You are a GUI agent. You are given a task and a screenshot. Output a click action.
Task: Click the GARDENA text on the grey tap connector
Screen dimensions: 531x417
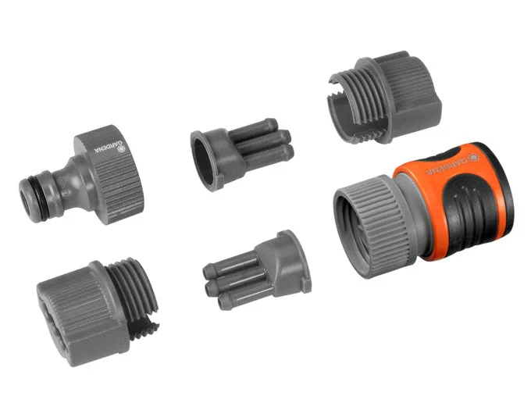pos(105,146)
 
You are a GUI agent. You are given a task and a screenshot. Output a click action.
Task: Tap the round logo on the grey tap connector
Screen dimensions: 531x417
pos(121,148)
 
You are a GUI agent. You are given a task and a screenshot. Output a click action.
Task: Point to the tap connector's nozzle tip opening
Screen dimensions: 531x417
pos(26,200)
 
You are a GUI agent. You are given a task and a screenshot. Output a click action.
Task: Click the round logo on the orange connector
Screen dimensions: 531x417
pos(473,158)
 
